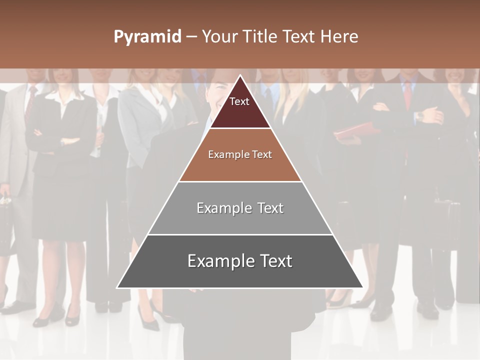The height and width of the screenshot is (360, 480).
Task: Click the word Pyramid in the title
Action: pyautogui.click(x=147, y=37)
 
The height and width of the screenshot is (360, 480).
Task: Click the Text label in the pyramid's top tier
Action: pyautogui.click(x=239, y=101)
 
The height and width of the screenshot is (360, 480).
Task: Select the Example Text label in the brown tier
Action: pyautogui.click(x=240, y=154)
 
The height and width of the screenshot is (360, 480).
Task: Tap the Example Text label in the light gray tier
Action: pyautogui.click(x=240, y=208)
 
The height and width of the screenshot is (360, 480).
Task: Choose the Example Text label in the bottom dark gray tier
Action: pyautogui.click(x=240, y=261)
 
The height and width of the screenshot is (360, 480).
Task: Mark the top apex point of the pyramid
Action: pyautogui.click(x=240, y=75)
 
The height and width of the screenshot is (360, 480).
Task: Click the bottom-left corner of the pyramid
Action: pyautogui.click(x=117, y=288)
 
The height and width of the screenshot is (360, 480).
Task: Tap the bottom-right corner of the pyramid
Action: pyautogui.click(x=363, y=288)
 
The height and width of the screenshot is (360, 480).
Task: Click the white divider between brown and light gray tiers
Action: pyautogui.click(x=240, y=181)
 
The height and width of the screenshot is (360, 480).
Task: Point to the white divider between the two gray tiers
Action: pyautogui.click(x=240, y=234)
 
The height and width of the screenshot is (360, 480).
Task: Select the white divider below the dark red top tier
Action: pyautogui.click(x=240, y=128)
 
